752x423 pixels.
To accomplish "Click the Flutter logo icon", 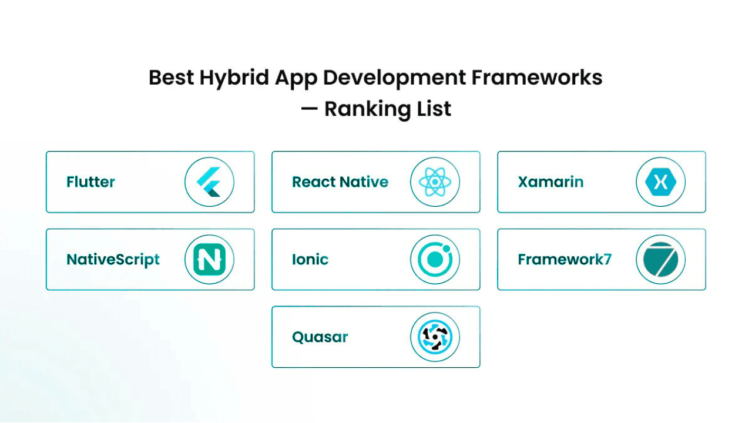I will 209,182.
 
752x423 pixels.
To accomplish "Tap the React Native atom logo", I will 435,182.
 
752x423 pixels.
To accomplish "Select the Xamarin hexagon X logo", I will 660,182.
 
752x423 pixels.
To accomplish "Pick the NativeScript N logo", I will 209,260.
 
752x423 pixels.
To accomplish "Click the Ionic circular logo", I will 435,260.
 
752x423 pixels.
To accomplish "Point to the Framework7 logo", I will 660,260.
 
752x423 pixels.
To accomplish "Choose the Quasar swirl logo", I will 435,337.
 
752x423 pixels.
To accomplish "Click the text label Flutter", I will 90,182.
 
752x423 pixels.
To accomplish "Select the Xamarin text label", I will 550,182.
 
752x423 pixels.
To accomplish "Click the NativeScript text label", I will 113,260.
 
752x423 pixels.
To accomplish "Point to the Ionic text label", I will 310,260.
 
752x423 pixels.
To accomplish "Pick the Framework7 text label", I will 565,260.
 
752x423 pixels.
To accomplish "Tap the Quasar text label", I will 320,337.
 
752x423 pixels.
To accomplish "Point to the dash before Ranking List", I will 309,109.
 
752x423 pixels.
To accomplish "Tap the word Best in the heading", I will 170,78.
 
